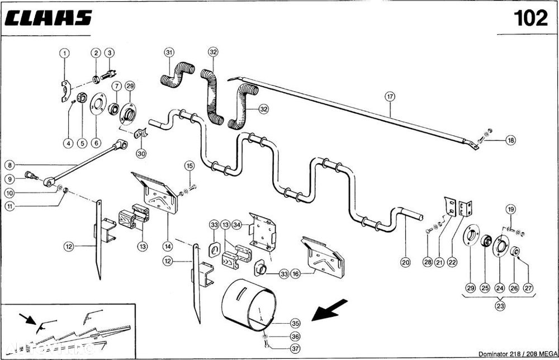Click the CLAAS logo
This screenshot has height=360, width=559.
click(x=48, y=17)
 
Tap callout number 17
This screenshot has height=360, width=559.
click(x=390, y=96)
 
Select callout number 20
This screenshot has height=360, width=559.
click(x=405, y=260)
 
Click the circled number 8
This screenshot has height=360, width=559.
click(x=10, y=165)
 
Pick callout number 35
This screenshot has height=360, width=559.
click(x=295, y=323)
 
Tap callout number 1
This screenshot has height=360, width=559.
click(x=65, y=53)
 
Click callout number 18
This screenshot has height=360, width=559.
click(x=510, y=140)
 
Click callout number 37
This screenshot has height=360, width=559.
click(x=295, y=349)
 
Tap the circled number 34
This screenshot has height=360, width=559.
click(x=236, y=225)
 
